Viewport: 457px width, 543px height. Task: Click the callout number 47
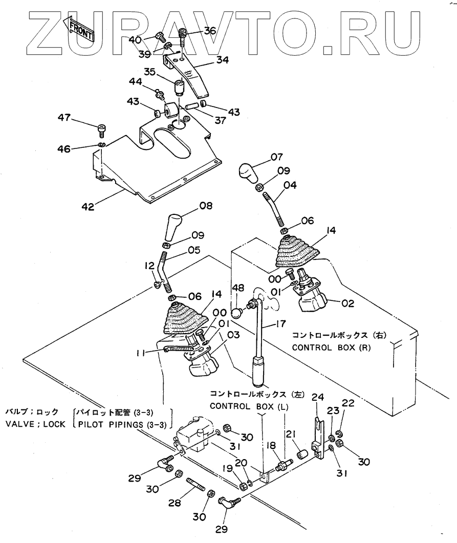[x=64, y=118]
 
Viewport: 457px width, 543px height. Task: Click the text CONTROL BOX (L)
[x=243, y=406]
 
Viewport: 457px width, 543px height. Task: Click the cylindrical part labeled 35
[x=179, y=87]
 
